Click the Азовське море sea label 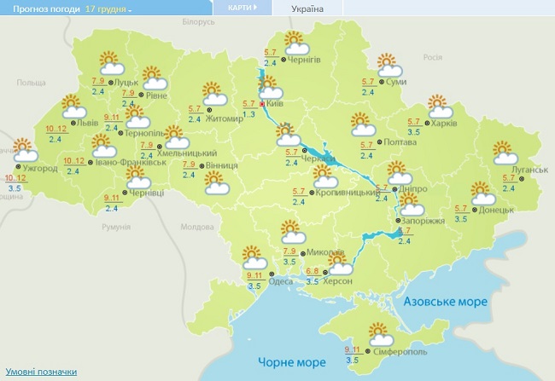[445, 303]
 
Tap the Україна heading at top [307, 9]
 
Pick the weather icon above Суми [388, 64]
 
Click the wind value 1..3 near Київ [249, 113]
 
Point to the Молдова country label [196, 227]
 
